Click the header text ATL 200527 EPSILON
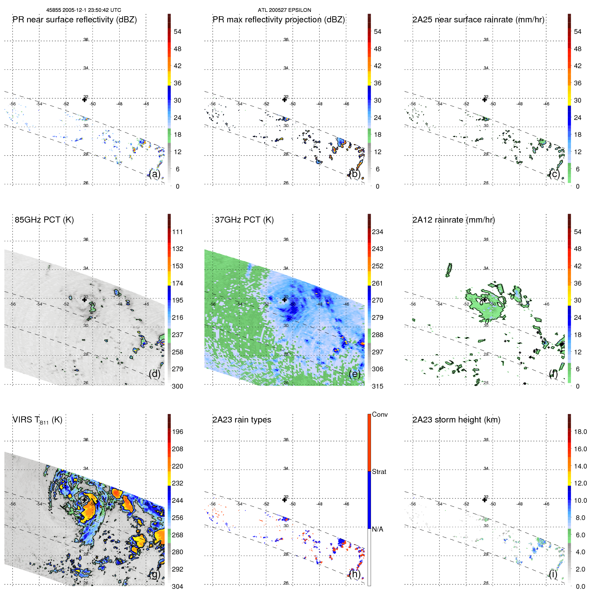(284, 10)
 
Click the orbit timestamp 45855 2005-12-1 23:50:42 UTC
(84, 10)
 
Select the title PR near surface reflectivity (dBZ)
(75, 20)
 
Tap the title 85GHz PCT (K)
(44, 220)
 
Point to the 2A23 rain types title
(242, 420)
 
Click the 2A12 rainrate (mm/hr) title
(454, 220)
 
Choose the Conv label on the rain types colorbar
(380, 414)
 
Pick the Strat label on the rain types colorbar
(379, 472)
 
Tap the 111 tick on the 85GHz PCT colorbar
(178, 232)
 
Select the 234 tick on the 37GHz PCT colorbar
(377, 232)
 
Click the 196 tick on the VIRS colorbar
(178, 432)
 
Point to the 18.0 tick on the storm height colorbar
(580, 432)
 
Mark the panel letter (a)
(155, 174)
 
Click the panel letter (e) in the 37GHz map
(355, 374)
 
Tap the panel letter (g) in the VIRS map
(155, 574)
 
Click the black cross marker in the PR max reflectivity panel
(285, 100)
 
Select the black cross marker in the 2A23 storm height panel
(484, 500)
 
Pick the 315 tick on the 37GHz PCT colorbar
(377, 386)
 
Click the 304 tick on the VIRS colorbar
(178, 586)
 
